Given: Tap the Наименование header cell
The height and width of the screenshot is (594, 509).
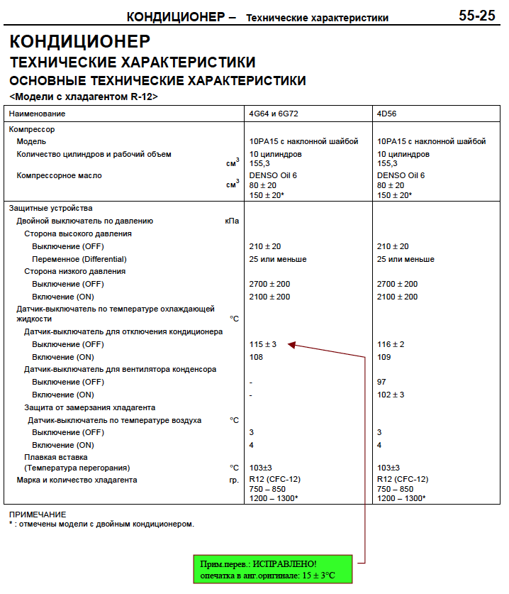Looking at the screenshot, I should point(38,114).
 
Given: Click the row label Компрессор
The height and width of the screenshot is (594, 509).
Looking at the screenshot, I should point(32,129).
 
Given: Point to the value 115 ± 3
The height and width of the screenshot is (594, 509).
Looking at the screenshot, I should point(263,344).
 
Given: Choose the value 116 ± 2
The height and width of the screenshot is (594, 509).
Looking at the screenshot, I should point(391,344).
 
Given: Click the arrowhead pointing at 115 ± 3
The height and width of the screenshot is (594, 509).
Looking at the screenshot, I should point(291,345).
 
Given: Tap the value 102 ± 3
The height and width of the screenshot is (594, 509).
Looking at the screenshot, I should point(391,395).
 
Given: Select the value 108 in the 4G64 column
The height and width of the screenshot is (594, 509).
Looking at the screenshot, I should point(256,357).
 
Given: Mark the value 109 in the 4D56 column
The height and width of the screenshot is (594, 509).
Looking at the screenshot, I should point(384,357).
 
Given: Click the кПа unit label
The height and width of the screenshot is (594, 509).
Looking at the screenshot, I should point(232,221).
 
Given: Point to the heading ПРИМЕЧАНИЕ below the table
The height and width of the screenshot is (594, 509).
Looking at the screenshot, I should point(38,514).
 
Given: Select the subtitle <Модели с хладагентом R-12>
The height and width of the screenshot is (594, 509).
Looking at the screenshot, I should point(84,97).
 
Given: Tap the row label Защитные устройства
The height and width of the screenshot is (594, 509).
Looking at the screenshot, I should point(50,209).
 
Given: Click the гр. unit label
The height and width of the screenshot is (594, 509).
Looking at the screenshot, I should point(234,480).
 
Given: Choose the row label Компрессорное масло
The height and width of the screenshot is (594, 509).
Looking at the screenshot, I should point(64,175).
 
